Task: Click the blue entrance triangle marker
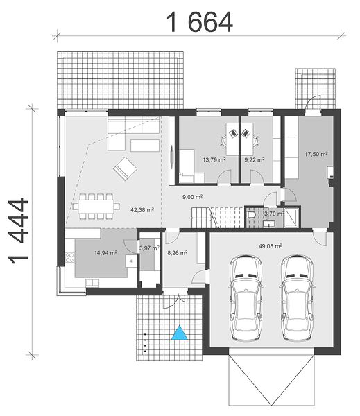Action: click(180, 333)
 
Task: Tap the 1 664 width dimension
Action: click(200, 22)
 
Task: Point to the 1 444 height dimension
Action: click(19, 232)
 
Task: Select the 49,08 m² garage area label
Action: click(271, 246)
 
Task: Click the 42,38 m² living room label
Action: click(142, 210)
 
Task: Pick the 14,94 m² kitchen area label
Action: click(105, 253)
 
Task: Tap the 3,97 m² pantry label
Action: click(149, 248)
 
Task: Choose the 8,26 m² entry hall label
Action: click(178, 253)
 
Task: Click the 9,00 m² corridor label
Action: click(192, 197)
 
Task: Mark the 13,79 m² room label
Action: click(214, 159)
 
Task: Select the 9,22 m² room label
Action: click(255, 159)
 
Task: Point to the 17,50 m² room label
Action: click(316, 154)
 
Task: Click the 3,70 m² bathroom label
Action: click(274, 214)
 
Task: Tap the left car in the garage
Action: click(246, 297)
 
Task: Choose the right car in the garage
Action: click(298, 297)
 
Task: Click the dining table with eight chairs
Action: click(96, 207)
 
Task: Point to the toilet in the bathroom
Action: click(251, 214)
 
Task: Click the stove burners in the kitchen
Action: click(70, 257)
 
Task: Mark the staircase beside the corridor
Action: click(218, 218)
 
